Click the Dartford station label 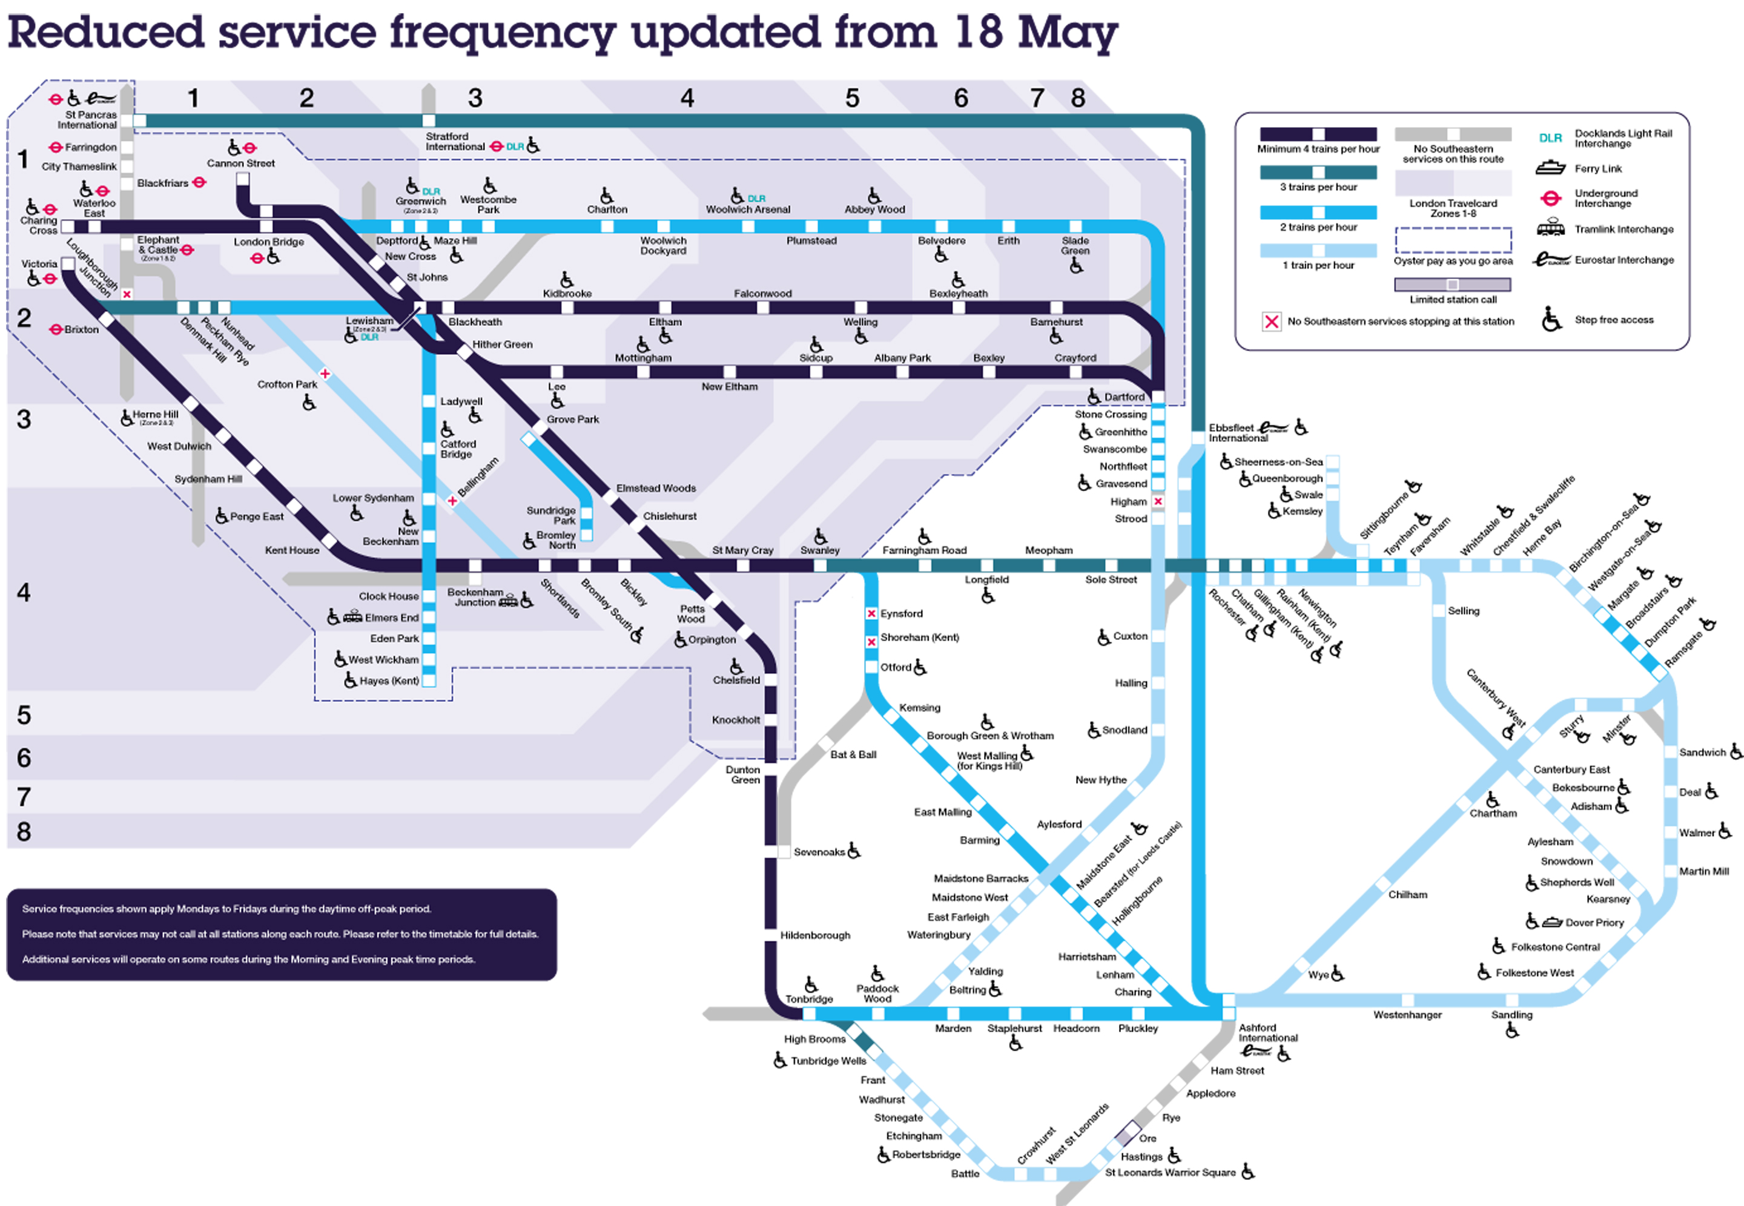1124,397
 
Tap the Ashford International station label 1267,1032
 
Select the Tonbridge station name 808,998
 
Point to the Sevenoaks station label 819,852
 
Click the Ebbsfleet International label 1238,433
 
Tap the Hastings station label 1141,1156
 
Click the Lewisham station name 369,320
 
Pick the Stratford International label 455,141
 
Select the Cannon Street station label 241,163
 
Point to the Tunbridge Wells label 828,1060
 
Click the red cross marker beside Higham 1158,501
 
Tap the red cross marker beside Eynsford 871,613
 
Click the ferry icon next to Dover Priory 1552,922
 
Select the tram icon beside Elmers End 353,618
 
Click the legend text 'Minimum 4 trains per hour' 1318,149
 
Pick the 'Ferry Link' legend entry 1598,168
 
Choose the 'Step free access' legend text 1613,320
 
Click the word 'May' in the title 1067,34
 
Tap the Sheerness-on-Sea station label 1278,462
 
